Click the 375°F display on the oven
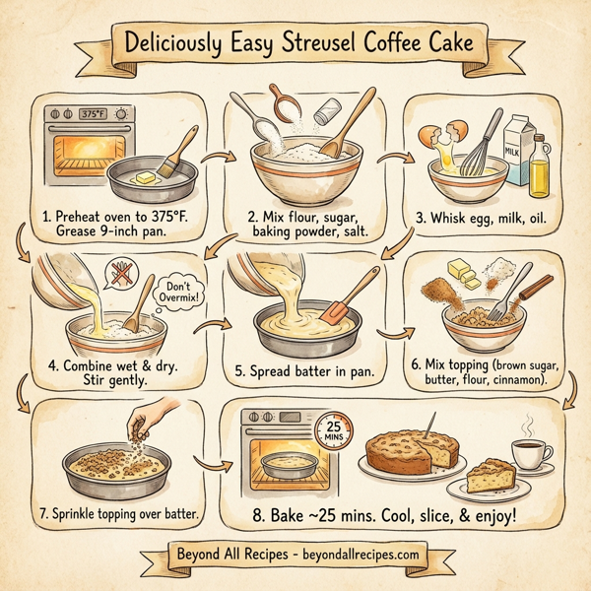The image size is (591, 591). click(92, 113)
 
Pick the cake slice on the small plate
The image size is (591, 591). click(492, 480)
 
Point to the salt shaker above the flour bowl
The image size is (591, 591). click(322, 114)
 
